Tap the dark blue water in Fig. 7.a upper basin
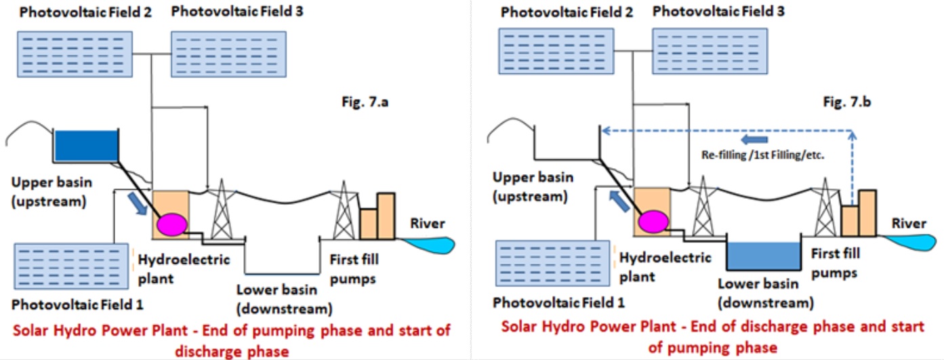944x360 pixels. pos(85,144)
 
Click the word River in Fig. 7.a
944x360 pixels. pos(427,223)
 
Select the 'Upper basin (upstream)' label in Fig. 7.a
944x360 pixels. pos(52,192)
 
